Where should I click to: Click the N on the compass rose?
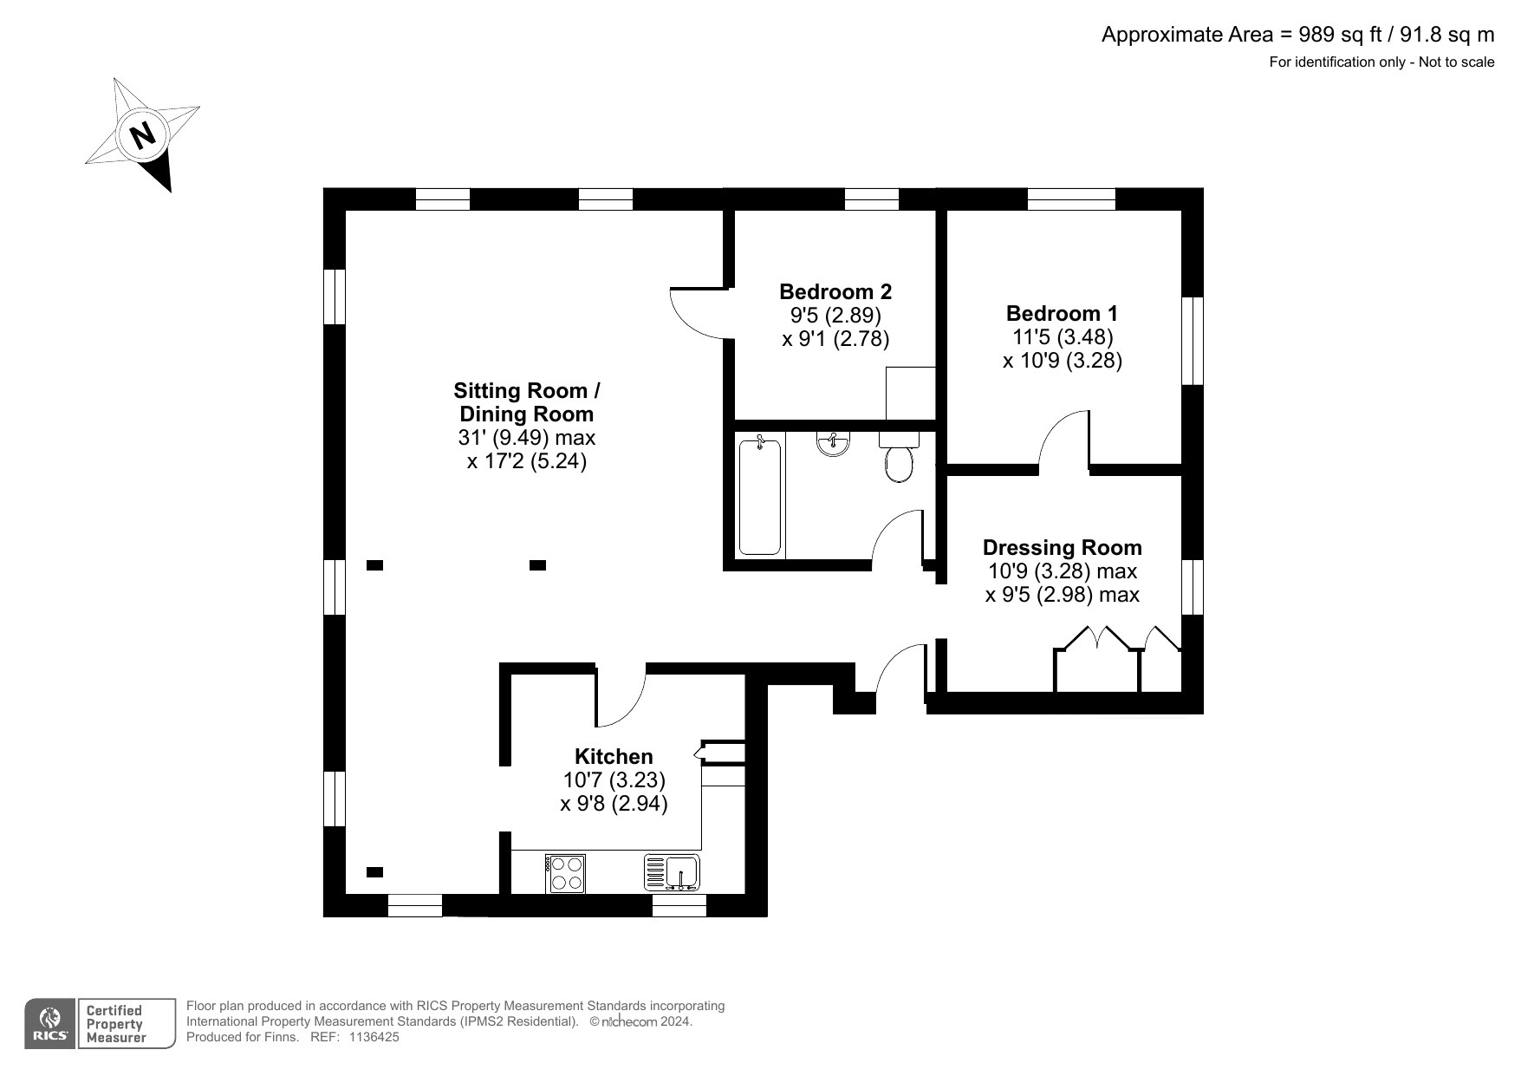click(x=142, y=135)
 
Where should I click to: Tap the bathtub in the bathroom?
click(x=759, y=497)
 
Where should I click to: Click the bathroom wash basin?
click(x=833, y=444)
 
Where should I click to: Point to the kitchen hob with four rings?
click(x=566, y=873)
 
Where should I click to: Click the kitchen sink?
click(x=673, y=872)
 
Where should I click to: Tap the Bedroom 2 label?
click(x=835, y=291)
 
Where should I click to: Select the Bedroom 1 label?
click(x=1062, y=313)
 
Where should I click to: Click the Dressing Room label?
click(x=1062, y=547)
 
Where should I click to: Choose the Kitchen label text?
click(x=614, y=756)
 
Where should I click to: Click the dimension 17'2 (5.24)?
click(x=527, y=461)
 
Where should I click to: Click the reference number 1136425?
click(x=374, y=1037)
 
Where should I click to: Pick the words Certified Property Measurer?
click(x=114, y=1024)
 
